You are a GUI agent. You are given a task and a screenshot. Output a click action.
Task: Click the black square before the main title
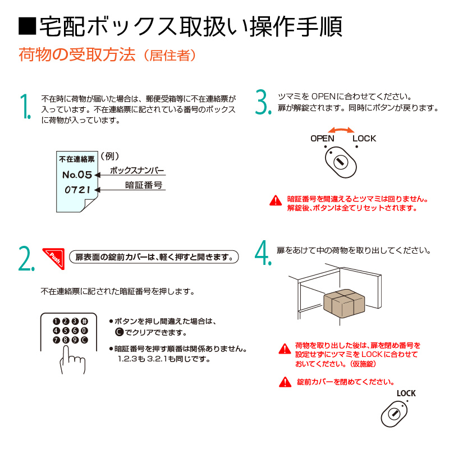click(x=27, y=26)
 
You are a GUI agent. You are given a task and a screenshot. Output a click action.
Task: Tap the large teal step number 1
click(x=25, y=106)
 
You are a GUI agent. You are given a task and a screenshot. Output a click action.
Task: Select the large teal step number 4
click(x=263, y=253)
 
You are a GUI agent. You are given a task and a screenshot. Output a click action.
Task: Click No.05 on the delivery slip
click(x=77, y=175)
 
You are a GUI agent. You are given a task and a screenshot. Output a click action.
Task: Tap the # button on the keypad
click(x=84, y=321)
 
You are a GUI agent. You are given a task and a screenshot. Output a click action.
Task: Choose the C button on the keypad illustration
click(x=84, y=340)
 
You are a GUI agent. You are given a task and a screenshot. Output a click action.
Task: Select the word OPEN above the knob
click(x=322, y=139)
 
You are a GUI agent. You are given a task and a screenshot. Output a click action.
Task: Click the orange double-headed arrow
click(x=341, y=130)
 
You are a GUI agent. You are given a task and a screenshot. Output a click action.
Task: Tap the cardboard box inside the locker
click(x=344, y=303)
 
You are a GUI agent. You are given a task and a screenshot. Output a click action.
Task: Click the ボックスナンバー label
click(x=137, y=171)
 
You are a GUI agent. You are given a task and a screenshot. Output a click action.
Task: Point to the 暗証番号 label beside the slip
click(x=144, y=185)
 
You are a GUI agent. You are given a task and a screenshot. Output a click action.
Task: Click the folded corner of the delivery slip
click(x=89, y=204)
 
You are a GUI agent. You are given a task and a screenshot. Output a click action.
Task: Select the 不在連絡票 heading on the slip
click(x=77, y=159)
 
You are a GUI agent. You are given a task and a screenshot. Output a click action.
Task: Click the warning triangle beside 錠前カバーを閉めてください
click(x=285, y=382)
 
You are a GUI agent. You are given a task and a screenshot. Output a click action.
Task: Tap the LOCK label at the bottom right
click(x=406, y=393)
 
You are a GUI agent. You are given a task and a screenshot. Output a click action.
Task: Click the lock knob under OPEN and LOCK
click(x=341, y=162)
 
